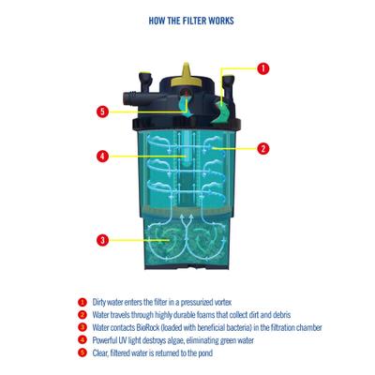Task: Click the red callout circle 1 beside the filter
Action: click(x=262, y=68)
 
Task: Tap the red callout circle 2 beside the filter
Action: click(x=262, y=148)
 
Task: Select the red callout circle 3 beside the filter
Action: click(x=102, y=240)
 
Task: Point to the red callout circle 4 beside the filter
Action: click(x=102, y=156)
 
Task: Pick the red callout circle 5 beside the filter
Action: click(x=102, y=112)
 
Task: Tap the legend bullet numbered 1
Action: click(x=82, y=303)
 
